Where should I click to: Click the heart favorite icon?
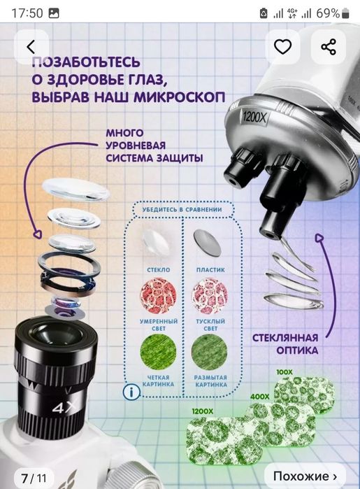point(282,47)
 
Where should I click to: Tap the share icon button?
point(329,47)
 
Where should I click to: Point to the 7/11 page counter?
point(33,479)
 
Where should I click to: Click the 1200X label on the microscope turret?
point(256,118)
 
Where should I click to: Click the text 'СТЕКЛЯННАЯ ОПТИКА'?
point(287,343)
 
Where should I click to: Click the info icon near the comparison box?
point(129,391)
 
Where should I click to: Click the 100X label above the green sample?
point(284,372)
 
